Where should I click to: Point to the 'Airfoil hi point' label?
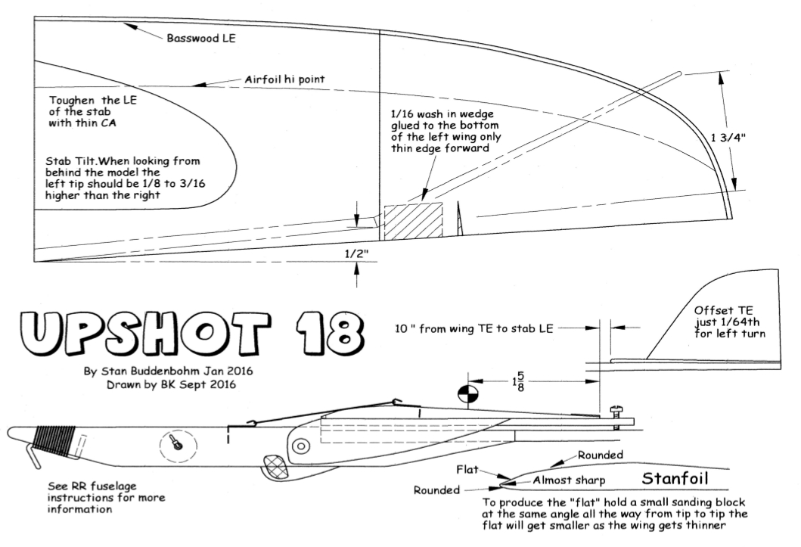(286, 79)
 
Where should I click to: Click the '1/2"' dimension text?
(355, 253)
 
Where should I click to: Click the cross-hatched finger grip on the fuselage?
(273, 467)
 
